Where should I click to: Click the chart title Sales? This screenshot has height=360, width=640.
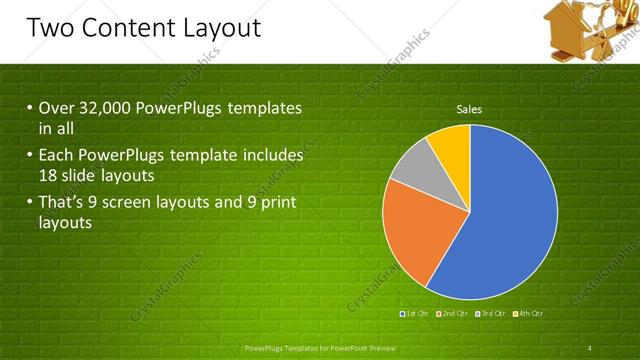pyautogui.click(x=470, y=109)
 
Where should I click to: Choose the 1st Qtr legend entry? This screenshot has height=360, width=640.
pyautogui.click(x=414, y=314)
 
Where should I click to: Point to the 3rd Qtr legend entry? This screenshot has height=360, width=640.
pyautogui.click(x=491, y=314)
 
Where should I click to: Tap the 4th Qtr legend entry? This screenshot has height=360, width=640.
pyautogui.click(x=529, y=314)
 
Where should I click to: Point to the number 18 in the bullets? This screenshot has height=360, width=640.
pyautogui.click(x=50, y=175)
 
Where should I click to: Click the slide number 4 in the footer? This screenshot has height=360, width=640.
pyautogui.click(x=591, y=347)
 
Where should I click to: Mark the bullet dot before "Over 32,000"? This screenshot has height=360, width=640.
pyautogui.click(x=30, y=107)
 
